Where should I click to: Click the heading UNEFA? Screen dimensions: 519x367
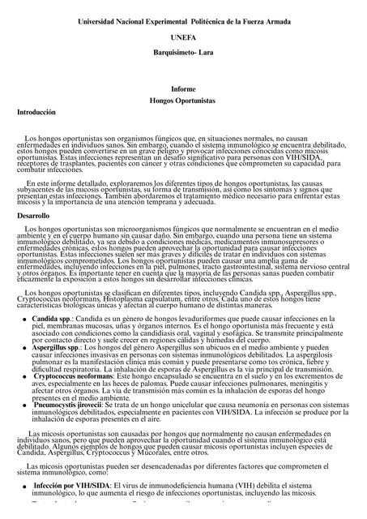click(184, 37)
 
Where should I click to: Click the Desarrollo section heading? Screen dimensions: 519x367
click(35, 217)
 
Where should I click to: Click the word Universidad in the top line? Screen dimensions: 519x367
click(99, 19)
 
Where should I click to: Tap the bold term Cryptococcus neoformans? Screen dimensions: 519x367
click(66, 377)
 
